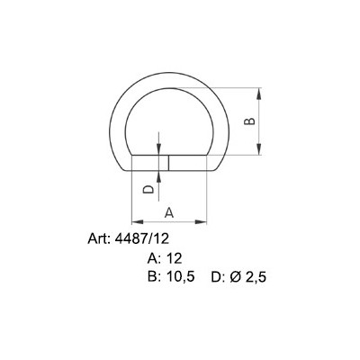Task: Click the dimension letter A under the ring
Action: pos(169,211)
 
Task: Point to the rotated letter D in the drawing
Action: pos(148,191)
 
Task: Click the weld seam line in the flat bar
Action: pos(167,162)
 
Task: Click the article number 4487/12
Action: pos(139,239)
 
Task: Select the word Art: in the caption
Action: pos(96,239)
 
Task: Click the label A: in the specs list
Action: pos(155,258)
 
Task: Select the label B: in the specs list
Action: pos(155,277)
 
